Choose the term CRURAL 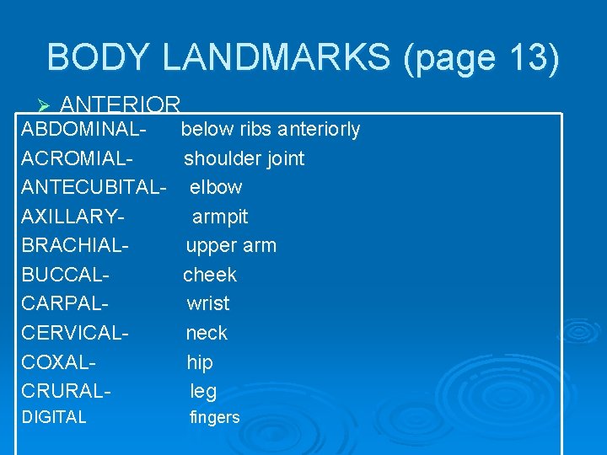point(66,391)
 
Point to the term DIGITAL point(54,417)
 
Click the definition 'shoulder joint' point(244,158)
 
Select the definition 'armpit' point(220,217)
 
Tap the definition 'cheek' point(210,275)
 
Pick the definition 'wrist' point(208,303)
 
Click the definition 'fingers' point(215,417)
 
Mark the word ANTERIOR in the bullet point(121,105)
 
